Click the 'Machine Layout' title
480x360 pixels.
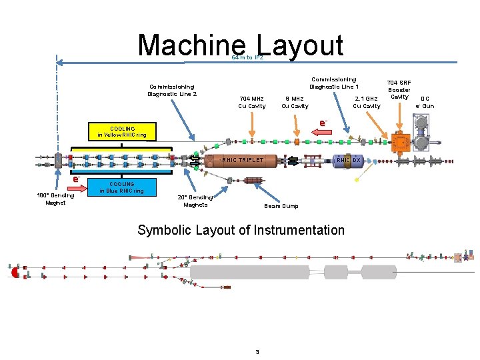[x=240, y=45]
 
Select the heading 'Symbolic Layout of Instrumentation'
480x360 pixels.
[x=241, y=231]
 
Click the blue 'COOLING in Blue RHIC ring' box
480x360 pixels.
[x=121, y=187]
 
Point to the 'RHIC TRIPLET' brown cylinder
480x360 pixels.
[x=243, y=160]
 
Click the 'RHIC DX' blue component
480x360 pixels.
[x=348, y=160]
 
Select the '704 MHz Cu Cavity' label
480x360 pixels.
[x=252, y=102]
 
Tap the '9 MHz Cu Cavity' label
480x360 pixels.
[x=295, y=102]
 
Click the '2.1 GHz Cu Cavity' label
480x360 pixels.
[x=366, y=102]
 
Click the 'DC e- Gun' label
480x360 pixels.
[x=425, y=102]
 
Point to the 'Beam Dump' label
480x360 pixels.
[x=281, y=206]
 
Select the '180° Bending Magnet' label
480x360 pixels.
[x=55, y=199]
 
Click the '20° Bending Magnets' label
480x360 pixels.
[x=195, y=201]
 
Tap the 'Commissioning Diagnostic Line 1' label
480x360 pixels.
[x=334, y=83]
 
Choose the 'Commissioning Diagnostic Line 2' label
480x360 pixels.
[x=172, y=90]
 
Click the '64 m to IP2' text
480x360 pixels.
[x=247, y=58]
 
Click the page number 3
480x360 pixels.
[x=256, y=351]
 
